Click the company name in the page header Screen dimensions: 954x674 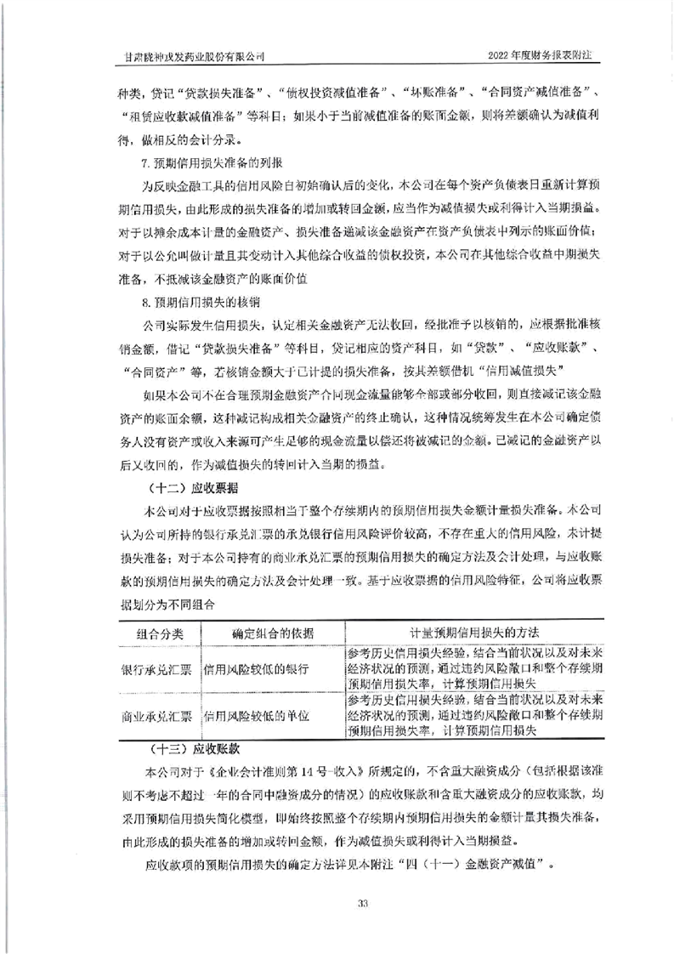pyautogui.click(x=192, y=54)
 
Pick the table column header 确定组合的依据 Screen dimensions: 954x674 pyautogui.click(x=272, y=634)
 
